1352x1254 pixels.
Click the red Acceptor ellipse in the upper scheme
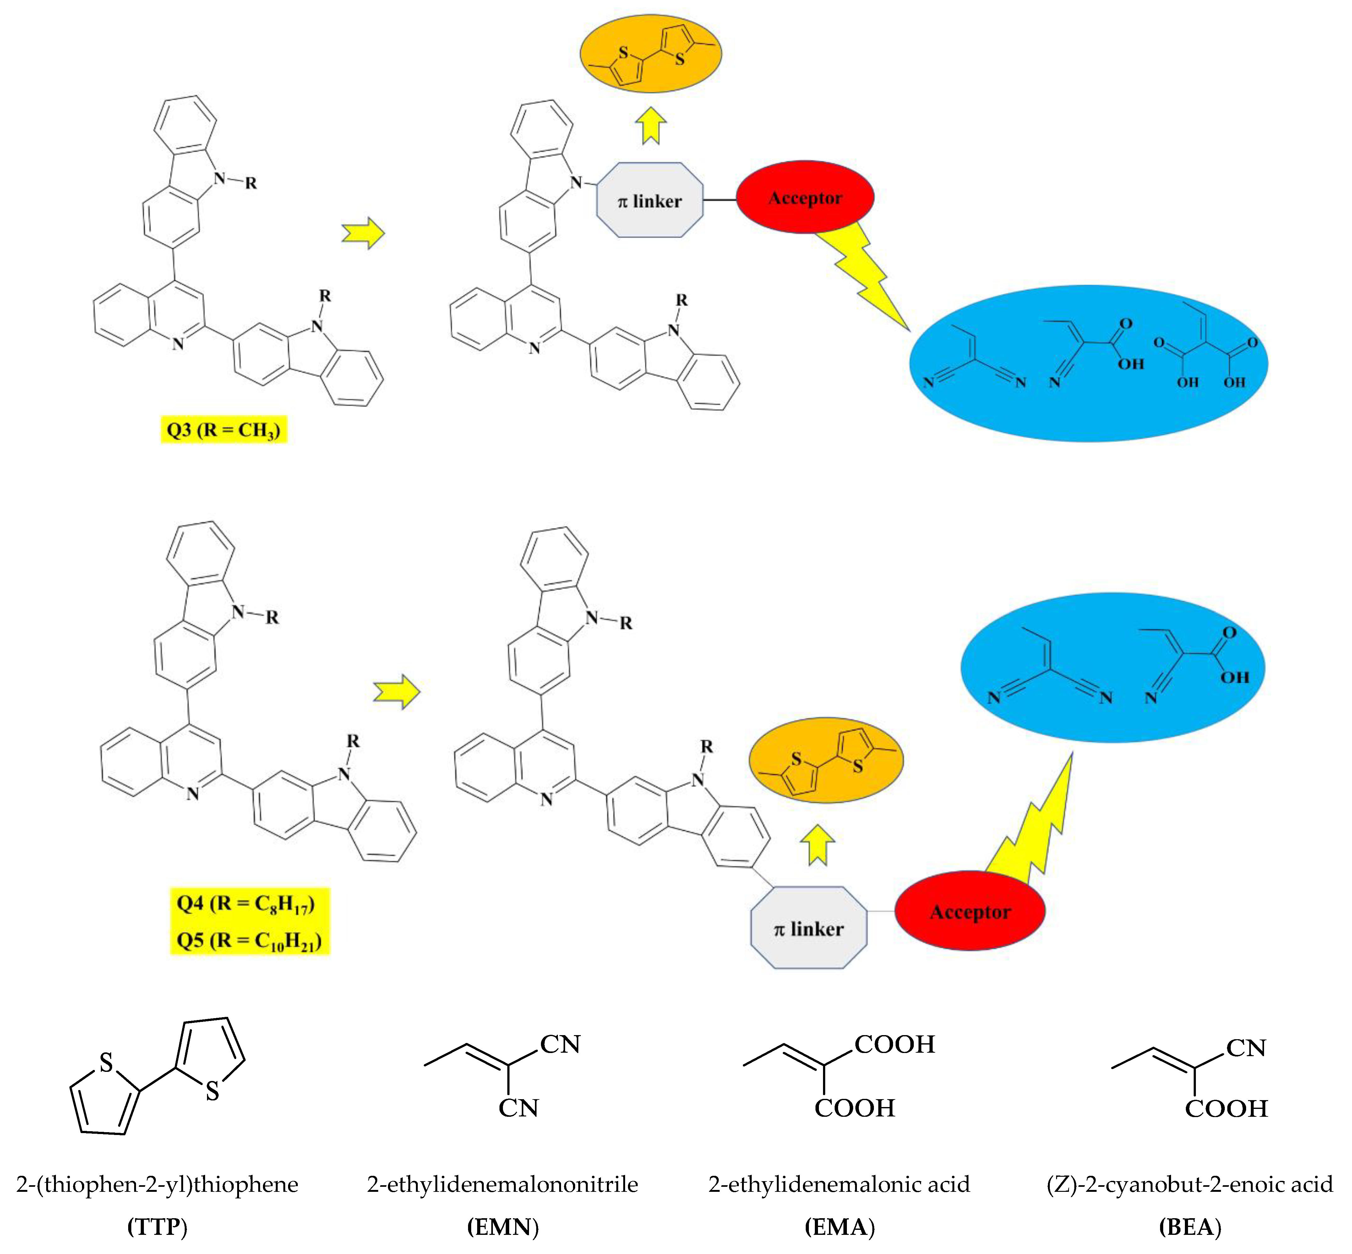coord(805,198)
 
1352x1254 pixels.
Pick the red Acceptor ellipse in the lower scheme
coord(970,911)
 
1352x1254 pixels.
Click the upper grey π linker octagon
coord(650,200)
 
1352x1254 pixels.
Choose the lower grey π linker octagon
coord(808,928)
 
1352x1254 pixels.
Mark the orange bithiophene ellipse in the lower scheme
coord(826,760)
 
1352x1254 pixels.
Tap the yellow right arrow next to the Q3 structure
coord(363,233)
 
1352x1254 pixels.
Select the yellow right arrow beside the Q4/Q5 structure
coord(397,692)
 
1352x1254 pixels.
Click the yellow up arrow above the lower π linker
coord(818,845)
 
